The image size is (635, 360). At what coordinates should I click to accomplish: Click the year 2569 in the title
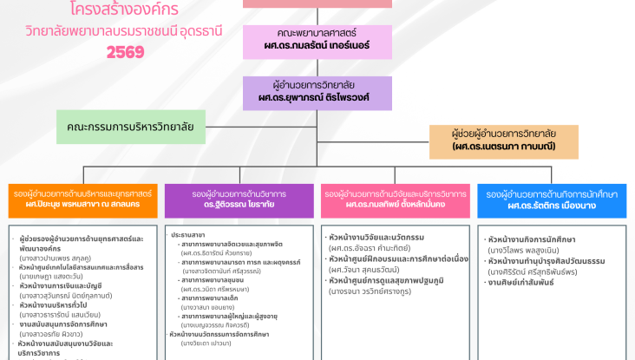tap(126, 52)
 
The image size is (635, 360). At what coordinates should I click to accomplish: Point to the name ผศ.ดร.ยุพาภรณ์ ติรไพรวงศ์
tap(317, 97)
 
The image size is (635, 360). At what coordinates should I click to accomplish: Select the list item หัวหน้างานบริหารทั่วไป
tap(60, 304)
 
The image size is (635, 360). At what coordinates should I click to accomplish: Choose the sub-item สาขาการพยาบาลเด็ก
tap(213, 298)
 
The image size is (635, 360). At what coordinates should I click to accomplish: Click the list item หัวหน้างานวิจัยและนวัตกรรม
tap(374, 237)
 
